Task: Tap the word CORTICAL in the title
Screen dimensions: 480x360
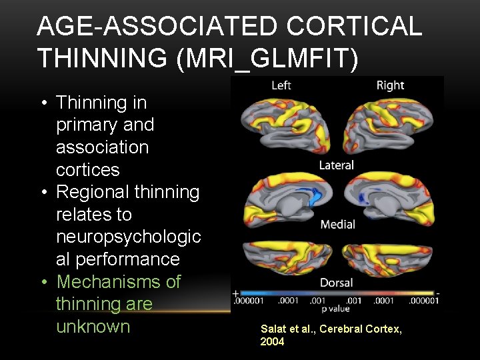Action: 356,26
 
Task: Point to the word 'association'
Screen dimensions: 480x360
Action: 102,147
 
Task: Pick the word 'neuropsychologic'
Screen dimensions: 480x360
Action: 128,237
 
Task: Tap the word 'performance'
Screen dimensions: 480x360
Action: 117,259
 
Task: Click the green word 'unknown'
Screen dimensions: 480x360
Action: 93,327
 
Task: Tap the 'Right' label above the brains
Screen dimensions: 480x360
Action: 390,85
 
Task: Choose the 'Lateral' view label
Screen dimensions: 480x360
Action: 337,165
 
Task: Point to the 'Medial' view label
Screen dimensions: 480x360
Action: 337,224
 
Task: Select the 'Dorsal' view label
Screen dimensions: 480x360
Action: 337,282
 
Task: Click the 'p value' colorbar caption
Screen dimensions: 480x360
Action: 337,309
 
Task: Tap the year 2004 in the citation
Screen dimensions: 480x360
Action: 272,341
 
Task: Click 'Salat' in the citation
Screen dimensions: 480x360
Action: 272,329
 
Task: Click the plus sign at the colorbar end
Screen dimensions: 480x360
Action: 235,293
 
